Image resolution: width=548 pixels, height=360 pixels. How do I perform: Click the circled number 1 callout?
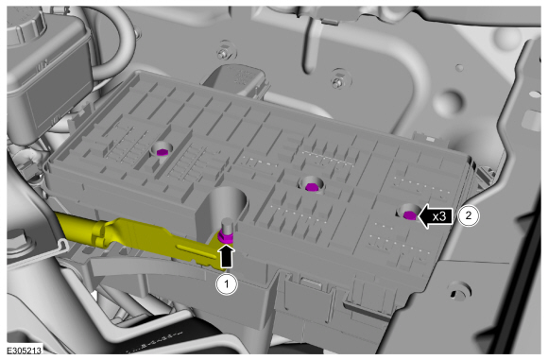pos(227,284)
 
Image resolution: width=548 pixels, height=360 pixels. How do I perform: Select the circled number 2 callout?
pos(469,215)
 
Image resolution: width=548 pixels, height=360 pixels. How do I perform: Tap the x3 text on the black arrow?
pos(439,216)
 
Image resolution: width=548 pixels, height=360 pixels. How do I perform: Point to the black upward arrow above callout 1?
pos(227,256)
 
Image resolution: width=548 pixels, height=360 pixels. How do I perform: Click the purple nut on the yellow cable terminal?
pos(226,239)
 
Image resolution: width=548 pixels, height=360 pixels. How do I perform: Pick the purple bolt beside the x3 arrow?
pos(409,215)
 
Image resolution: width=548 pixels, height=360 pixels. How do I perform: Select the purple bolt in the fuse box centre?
pos(311,187)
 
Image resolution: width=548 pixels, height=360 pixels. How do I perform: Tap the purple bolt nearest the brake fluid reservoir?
pos(162,152)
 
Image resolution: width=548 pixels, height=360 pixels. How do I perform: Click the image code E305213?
pos(24,351)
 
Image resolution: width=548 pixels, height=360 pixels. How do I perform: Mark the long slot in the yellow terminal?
pos(197,251)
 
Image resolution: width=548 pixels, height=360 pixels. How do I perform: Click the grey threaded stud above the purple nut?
pos(228,226)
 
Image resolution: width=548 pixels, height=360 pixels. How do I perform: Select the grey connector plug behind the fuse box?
pos(236,81)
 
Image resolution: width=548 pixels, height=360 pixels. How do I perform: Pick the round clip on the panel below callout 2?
pos(459,291)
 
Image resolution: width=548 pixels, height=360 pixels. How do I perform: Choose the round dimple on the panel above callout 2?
pos(449,102)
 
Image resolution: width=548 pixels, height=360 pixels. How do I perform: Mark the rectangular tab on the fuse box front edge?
pos(309,283)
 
